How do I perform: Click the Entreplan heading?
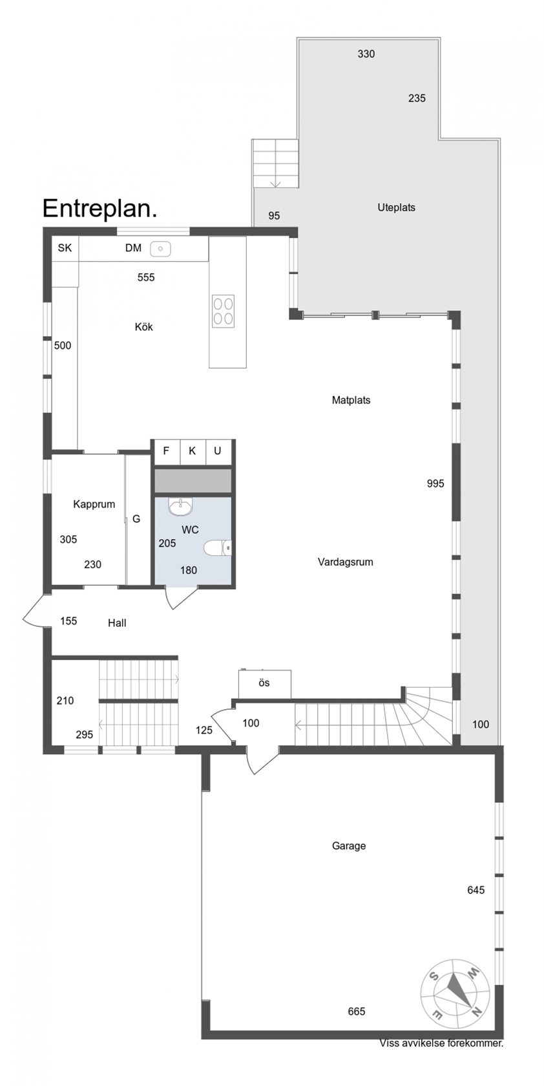click(99, 209)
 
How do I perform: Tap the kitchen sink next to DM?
click(160, 250)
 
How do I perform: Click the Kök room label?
click(144, 327)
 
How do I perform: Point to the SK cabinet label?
click(65, 248)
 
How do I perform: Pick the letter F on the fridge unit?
click(166, 451)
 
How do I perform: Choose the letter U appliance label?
click(218, 451)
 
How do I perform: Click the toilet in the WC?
click(218, 548)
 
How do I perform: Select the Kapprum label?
click(94, 504)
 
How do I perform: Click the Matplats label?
click(351, 401)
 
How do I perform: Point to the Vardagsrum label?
click(346, 562)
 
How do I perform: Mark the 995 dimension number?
click(435, 484)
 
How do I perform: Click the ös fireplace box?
click(265, 684)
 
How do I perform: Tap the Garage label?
click(349, 846)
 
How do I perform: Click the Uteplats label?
click(396, 208)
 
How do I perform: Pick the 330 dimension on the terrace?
click(366, 54)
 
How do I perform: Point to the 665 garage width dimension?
click(357, 1011)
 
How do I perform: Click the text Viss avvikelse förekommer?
click(441, 1043)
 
